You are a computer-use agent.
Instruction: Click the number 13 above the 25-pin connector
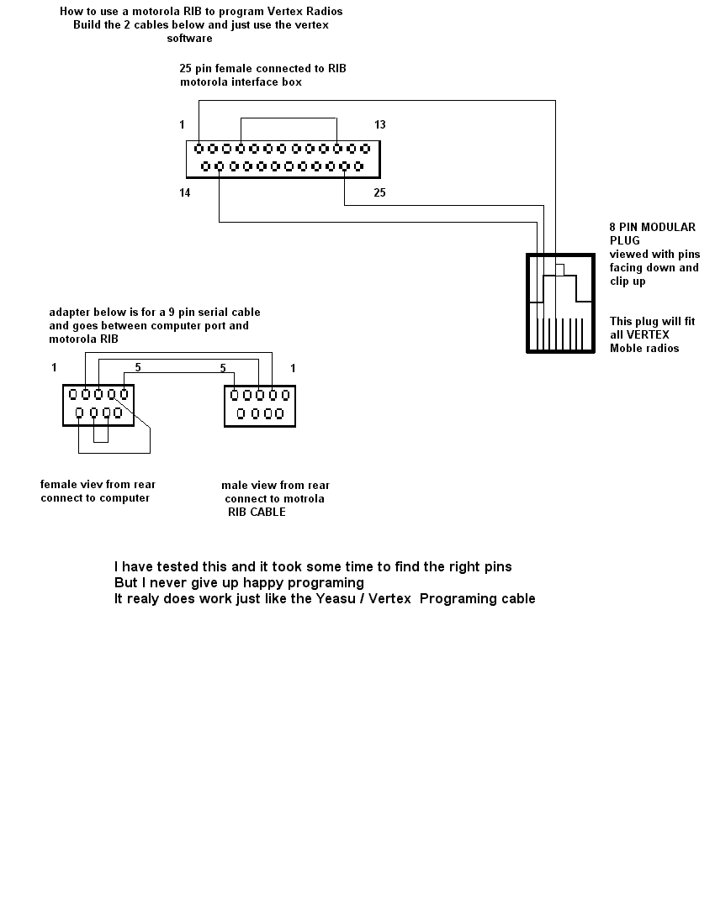[x=380, y=125]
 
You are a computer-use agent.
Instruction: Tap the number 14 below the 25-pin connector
[x=184, y=193]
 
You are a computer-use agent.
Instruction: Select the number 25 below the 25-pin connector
[x=380, y=193]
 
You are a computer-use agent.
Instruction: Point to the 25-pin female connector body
[x=283, y=158]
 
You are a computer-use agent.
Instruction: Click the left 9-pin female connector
[x=98, y=405]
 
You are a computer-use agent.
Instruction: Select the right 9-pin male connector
[x=260, y=405]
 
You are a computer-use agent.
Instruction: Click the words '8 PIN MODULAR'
[x=653, y=227]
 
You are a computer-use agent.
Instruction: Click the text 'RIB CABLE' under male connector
[x=257, y=512]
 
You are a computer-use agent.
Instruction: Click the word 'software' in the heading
[x=189, y=38]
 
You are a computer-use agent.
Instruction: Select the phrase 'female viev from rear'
[x=98, y=484]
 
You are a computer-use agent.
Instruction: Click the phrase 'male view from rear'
[x=275, y=485]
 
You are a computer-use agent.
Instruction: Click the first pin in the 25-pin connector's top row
[x=199, y=149]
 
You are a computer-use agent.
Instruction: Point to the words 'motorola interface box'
[x=241, y=82]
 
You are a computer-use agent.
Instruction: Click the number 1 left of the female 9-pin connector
[x=54, y=367]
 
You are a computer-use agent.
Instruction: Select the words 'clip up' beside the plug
[x=628, y=281]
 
